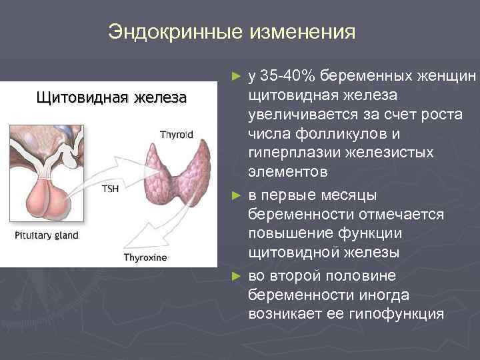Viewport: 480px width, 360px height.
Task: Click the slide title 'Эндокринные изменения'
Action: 232,32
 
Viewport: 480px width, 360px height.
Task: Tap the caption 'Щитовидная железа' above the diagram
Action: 111,98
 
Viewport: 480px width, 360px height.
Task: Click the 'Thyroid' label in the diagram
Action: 177,135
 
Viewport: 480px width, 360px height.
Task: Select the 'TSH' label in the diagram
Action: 110,189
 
